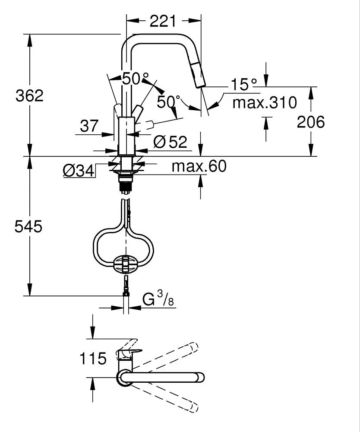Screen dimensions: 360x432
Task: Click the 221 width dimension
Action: click(x=162, y=21)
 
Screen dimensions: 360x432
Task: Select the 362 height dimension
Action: click(x=29, y=96)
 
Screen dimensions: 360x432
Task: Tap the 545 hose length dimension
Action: click(x=28, y=227)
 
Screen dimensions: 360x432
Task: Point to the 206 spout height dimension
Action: click(x=311, y=122)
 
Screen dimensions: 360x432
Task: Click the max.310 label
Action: click(x=265, y=102)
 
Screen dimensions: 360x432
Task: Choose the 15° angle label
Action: click(x=244, y=84)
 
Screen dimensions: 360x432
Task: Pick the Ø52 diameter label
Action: click(x=170, y=142)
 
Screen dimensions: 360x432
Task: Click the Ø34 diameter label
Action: click(x=79, y=171)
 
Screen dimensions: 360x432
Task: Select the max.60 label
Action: click(x=199, y=166)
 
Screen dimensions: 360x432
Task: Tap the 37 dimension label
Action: click(x=89, y=126)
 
